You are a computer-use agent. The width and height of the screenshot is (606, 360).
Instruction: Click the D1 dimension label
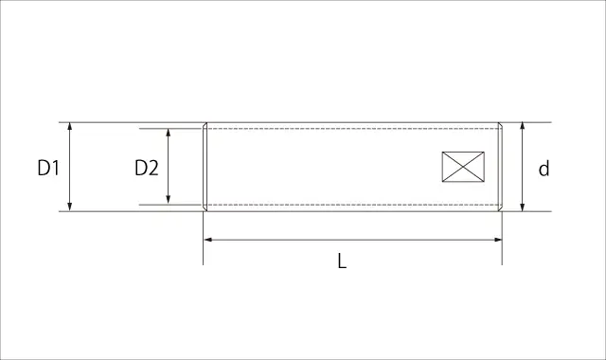click(48, 169)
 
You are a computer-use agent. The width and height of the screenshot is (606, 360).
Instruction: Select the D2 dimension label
click(147, 169)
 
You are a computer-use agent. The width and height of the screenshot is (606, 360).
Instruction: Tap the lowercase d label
click(544, 169)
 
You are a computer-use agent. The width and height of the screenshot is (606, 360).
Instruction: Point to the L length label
click(342, 261)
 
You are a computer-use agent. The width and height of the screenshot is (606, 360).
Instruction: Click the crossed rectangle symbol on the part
click(463, 167)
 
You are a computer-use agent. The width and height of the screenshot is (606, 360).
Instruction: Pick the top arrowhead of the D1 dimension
click(69, 127)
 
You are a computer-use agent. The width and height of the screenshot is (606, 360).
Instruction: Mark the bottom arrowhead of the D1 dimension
click(69, 207)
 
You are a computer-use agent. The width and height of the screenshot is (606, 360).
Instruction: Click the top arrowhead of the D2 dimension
click(169, 134)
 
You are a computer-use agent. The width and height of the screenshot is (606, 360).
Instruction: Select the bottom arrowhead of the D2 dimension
click(169, 200)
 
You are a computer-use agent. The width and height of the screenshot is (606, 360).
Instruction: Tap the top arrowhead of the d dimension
click(522, 127)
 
